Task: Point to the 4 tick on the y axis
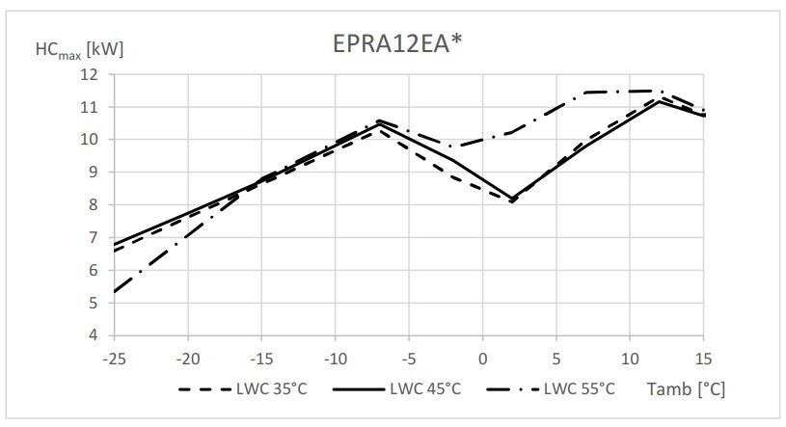pyautogui.click(x=94, y=335)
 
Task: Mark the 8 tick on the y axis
pyautogui.click(x=94, y=205)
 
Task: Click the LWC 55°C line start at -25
pyautogui.click(x=114, y=292)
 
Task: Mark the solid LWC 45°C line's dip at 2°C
pyautogui.click(x=512, y=199)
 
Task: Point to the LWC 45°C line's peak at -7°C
pyautogui.click(x=379, y=122)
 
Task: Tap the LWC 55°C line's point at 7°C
pyautogui.click(x=586, y=93)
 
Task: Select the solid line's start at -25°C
pyautogui.click(x=114, y=244)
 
